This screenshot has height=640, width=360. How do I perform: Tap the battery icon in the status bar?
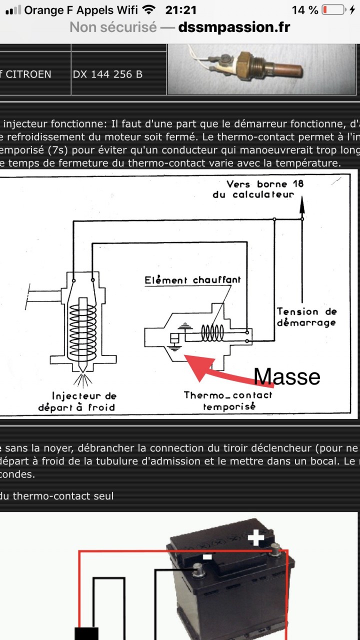pyautogui.click(x=333, y=10)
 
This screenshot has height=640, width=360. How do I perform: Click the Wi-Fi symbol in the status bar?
pyautogui.click(x=148, y=10)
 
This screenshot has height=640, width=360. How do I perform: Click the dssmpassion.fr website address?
pyautogui.click(x=234, y=27)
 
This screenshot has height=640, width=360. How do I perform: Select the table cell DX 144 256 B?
pyautogui.click(x=107, y=74)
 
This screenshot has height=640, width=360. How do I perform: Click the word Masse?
pyautogui.click(x=287, y=376)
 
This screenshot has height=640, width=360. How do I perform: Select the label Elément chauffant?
pyautogui.click(x=192, y=280)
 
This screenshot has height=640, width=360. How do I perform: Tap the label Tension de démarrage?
pyautogui.click(x=306, y=317)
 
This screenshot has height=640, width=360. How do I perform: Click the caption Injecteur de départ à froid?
pyautogui.click(x=77, y=401)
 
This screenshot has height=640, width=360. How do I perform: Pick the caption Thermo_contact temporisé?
pyautogui.click(x=228, y=400)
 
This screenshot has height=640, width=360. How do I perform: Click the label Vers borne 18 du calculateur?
pyautogui.click(x=258, y=189)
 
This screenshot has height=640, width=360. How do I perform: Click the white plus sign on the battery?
pyautogui.click(x=256, y=538)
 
